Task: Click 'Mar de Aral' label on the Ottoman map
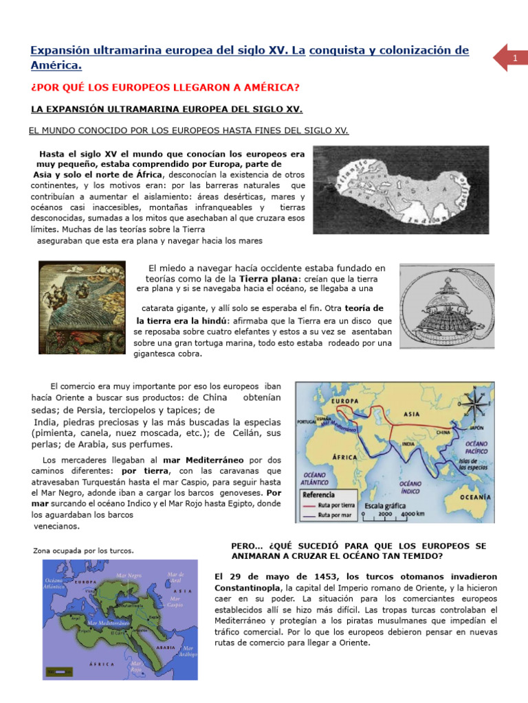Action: [176, 577]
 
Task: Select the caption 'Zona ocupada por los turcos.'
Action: [83, 551]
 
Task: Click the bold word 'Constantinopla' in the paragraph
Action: [247, 588]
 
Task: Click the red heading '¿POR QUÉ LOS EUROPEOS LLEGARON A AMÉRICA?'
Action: [166, 88]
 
